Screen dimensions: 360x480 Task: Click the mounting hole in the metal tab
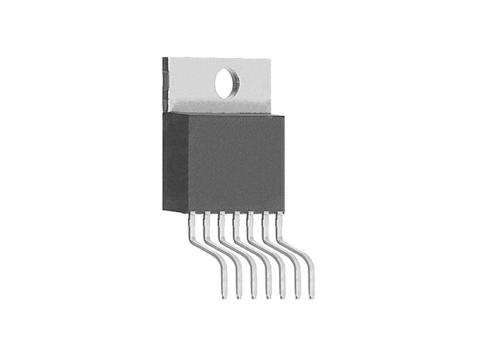226,83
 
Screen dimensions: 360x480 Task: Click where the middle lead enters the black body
236,214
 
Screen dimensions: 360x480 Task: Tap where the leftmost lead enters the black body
193,214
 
